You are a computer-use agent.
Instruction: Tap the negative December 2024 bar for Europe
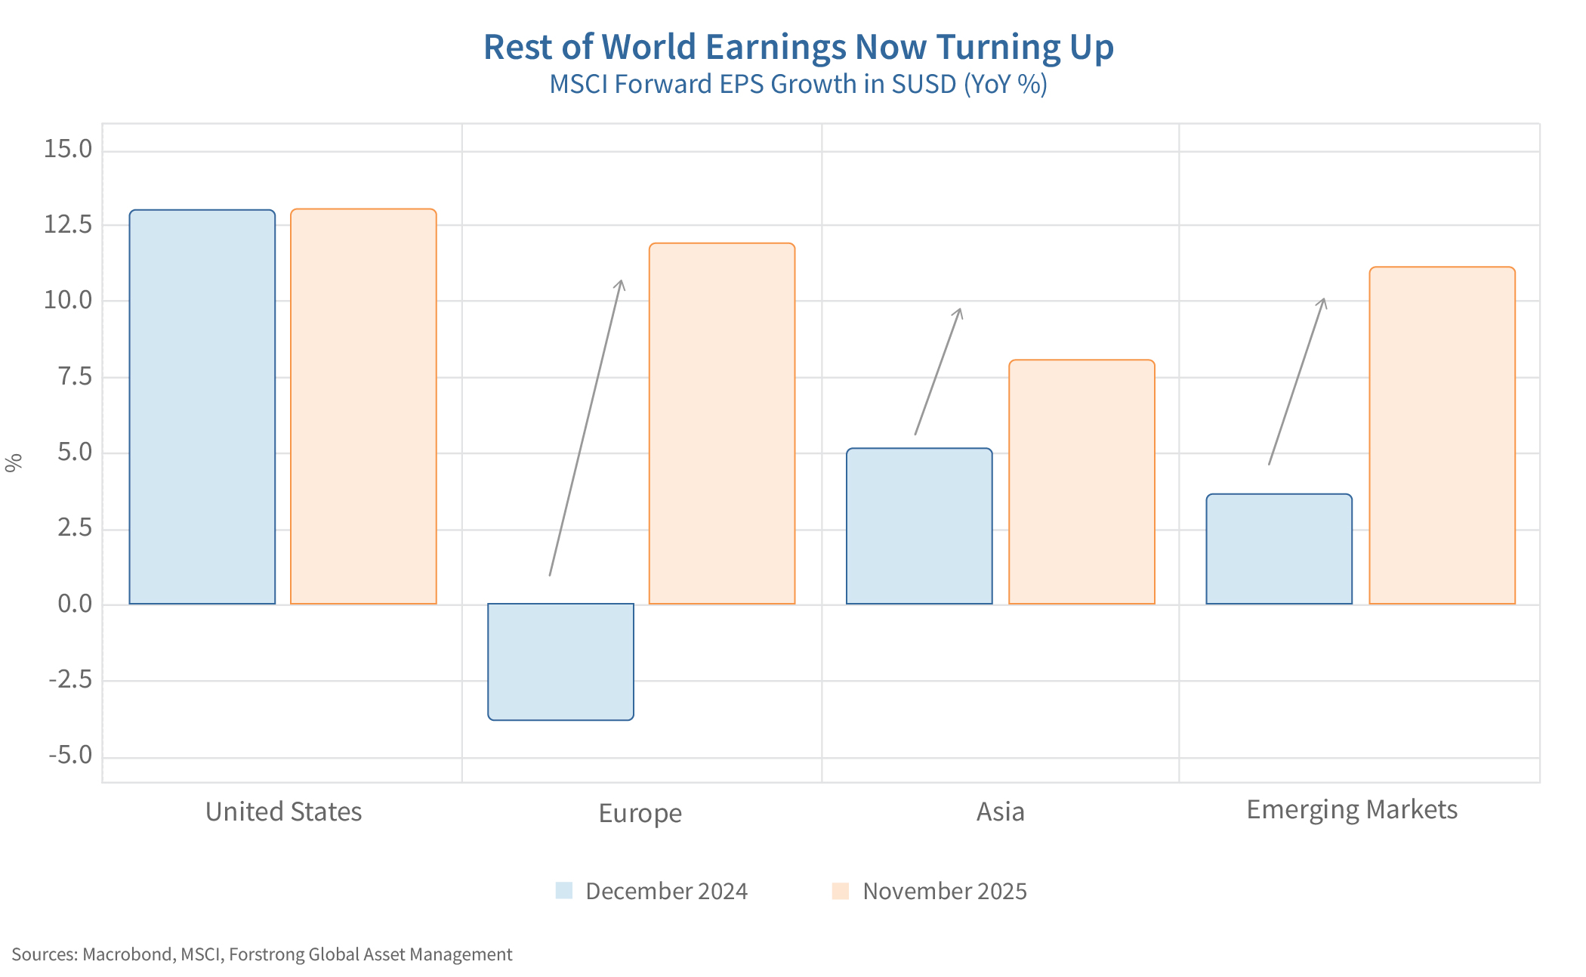pyautogui.click(x=560, y=661)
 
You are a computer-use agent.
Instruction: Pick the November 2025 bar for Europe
pyautogui.click(x=722, y=423)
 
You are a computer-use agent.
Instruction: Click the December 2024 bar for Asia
pyautogui.click(x=919, y=526)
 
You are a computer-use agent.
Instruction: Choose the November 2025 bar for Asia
pyautogui.click(x=1082, y=482)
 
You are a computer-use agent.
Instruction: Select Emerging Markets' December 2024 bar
pyautogui.click(x=1279, y=549)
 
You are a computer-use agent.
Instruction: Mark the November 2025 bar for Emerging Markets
pyautogui.click(x=1442, y=435)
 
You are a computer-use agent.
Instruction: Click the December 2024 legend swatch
pyautogui.click(x=563, y=891)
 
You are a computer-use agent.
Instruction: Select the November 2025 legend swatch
pyautogui.click(x=840, y=891)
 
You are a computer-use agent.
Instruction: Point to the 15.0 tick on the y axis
pyautogui.click(x=68, y=149)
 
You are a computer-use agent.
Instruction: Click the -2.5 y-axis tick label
pyautogui.click(x=70, y=680)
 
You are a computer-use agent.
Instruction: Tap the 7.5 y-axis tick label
pyautogui.click(x=75, y=376)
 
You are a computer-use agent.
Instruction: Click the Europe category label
pyautogui.click(x=640, y=813)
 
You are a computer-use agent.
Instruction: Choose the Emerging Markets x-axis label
pyautogui.click(x=1351, y=810)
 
